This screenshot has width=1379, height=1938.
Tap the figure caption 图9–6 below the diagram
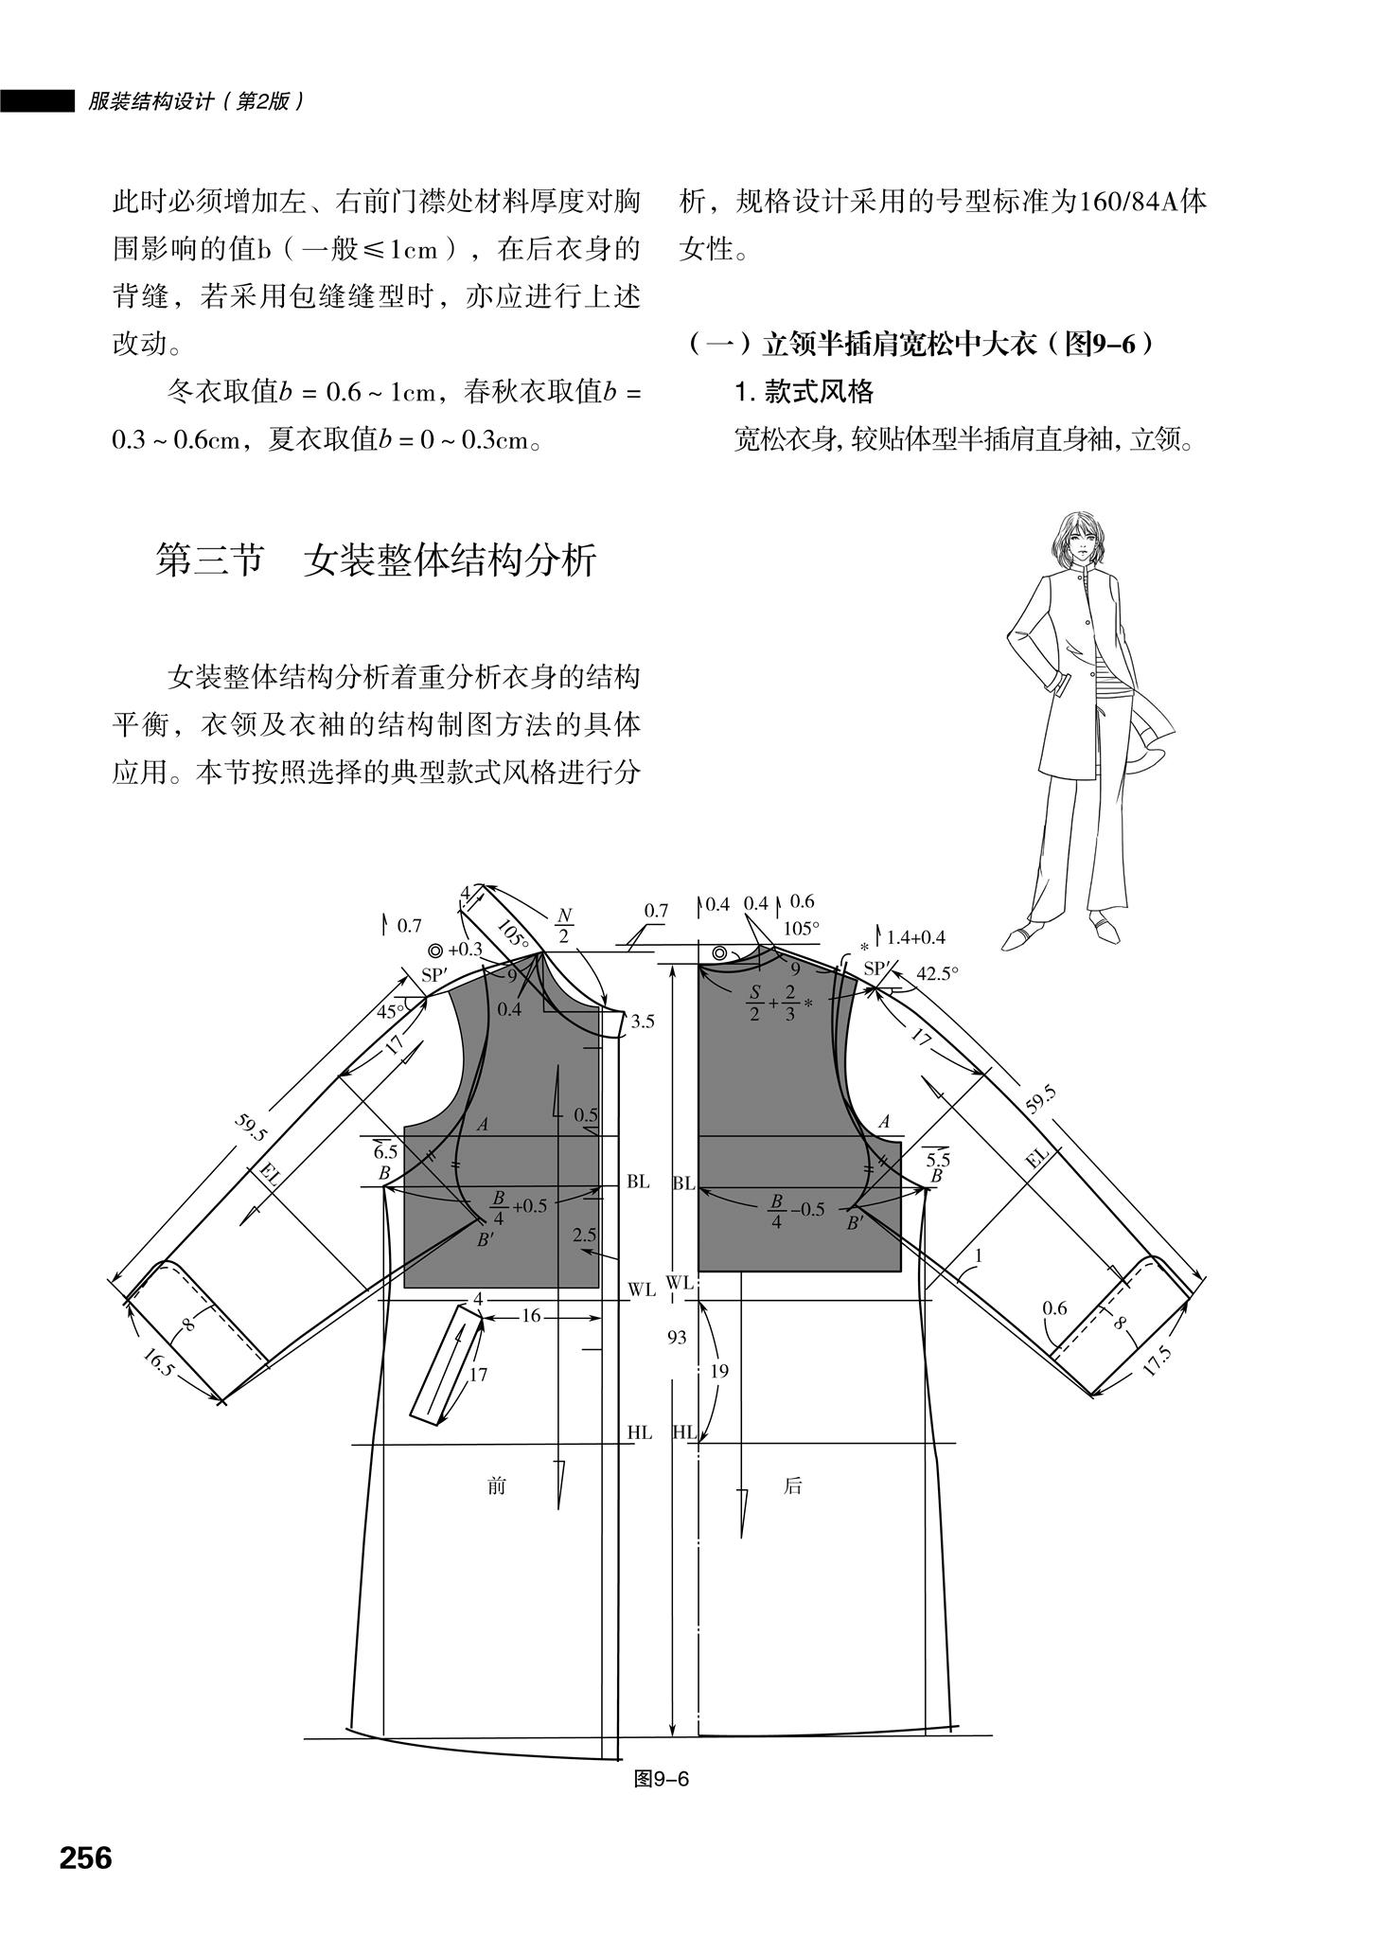661,1779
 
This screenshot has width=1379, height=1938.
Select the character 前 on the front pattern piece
496,1485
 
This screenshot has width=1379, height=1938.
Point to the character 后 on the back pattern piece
792,1485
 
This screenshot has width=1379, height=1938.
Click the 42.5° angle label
938,972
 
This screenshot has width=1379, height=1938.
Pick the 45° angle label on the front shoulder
390,1010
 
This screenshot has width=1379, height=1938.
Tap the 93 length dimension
677,1338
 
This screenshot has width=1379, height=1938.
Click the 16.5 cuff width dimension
158,1363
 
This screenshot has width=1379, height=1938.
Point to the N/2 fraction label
564,926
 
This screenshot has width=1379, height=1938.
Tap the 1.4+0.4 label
915,938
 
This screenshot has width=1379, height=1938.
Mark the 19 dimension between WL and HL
719,1371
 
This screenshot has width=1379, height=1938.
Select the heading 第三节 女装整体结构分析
376,560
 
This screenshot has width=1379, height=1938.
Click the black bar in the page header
37,100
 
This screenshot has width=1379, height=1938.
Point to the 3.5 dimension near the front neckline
643,1022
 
